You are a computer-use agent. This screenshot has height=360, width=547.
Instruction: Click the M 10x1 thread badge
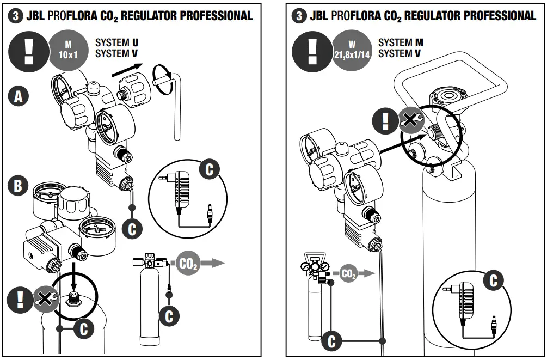coord(67,48)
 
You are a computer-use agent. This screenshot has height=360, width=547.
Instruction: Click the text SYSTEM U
coord(116,42)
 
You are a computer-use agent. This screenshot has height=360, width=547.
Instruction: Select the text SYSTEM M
coord(401,42)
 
